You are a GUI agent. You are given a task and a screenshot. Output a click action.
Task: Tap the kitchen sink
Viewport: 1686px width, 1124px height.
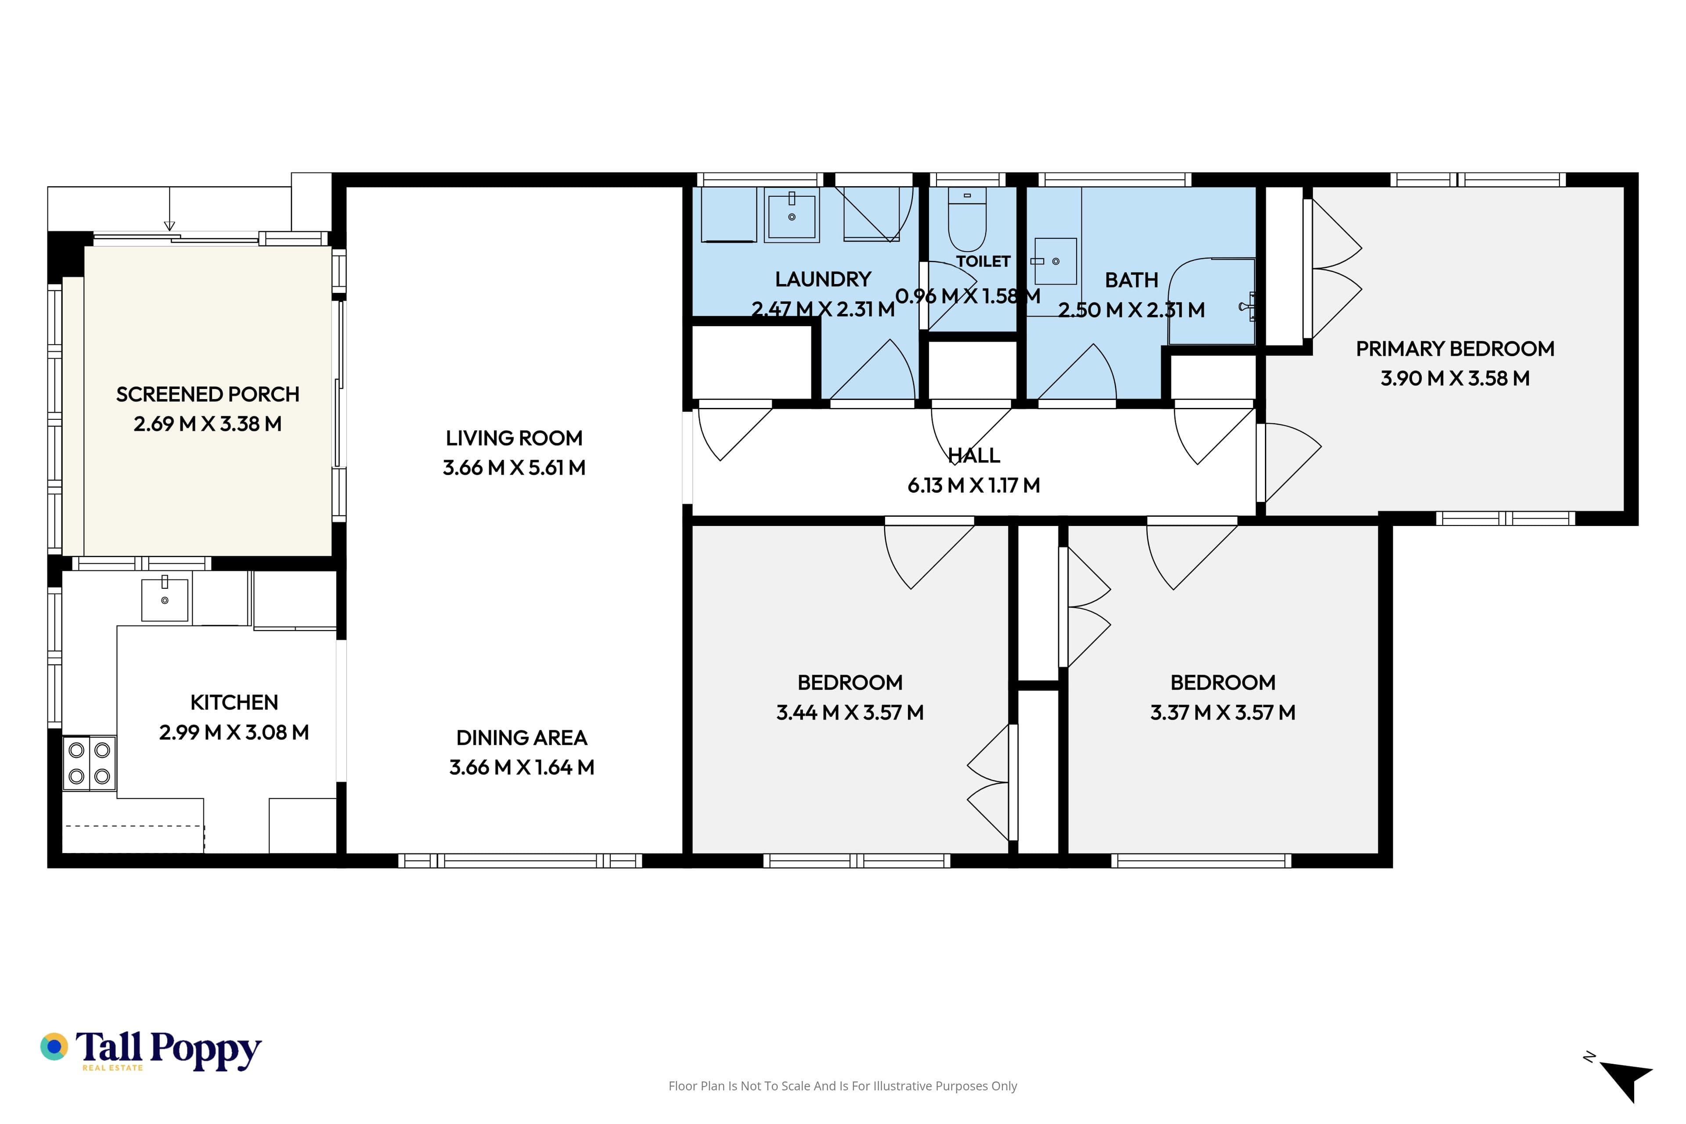[x=165, y=598]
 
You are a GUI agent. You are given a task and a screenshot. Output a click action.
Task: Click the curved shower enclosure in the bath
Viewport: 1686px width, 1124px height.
[x=1211, y=301]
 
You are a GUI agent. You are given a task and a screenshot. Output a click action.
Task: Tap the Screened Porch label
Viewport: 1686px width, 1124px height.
[x=208, y=394]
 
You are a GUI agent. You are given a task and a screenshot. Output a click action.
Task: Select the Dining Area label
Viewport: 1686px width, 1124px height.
[x=522, y=738]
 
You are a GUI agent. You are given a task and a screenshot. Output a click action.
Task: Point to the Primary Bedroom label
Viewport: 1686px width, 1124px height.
[x=1455, y=349]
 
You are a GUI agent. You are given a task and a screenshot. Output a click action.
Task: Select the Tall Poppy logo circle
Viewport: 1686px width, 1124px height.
[x=54, y=1047]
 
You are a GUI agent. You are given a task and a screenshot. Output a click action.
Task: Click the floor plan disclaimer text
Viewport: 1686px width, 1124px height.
[x=843, y=1086]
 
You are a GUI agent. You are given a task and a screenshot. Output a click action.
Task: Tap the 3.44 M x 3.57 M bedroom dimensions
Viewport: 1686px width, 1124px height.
[x=850, y=713]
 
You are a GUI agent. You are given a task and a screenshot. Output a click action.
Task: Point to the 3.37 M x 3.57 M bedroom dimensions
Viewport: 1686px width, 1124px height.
[x=1223, y=713]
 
